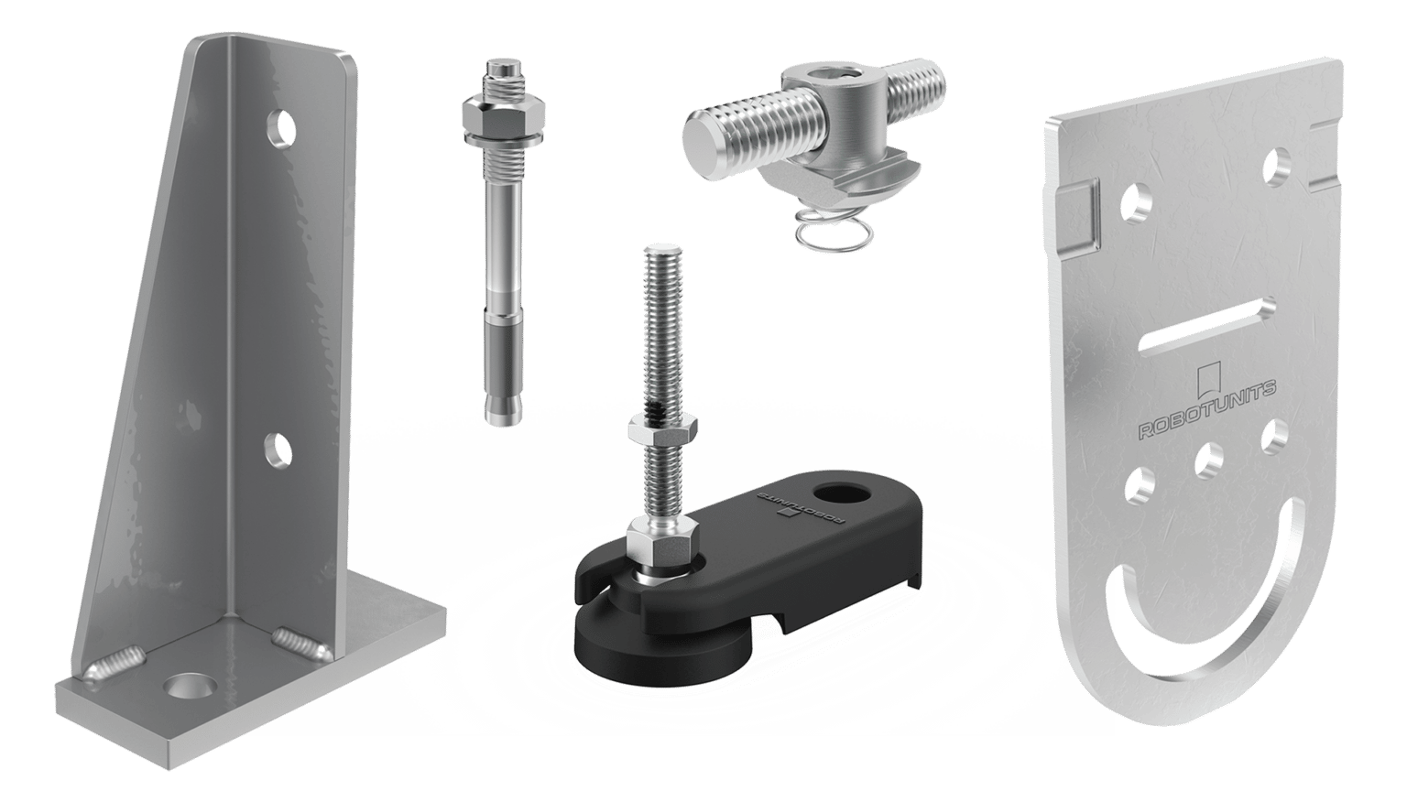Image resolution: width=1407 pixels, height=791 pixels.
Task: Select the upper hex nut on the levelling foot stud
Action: pyautogui.click(x=661, y=428)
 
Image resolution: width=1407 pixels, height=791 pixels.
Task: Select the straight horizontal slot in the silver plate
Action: pyautogui.click(x=1206, y=324)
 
